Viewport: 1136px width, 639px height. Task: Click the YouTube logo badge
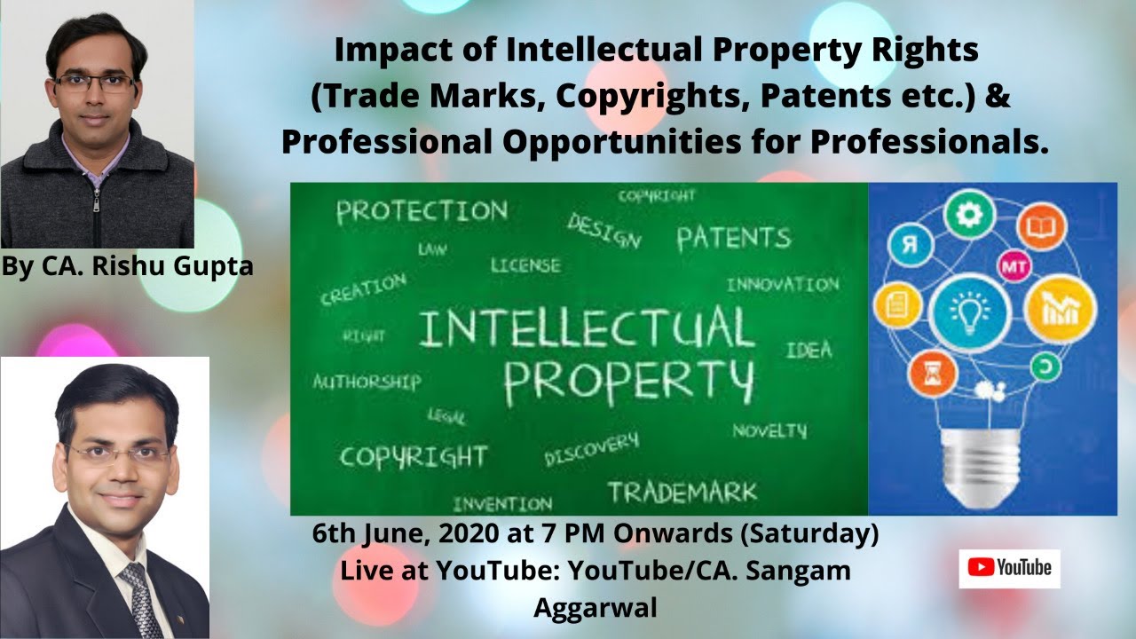(x=1009, y=568)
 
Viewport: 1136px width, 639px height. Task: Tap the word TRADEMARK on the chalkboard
(x=682, y=492)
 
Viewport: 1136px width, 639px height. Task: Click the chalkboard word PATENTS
(x=733, y=237)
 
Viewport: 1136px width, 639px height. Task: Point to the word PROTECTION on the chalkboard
(x=422, y=211)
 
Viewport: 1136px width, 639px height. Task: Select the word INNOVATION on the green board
(x=782, y=285)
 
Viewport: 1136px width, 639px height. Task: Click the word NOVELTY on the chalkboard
(x=769, y=431)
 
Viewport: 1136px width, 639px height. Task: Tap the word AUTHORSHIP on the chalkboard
(x=367, y=382)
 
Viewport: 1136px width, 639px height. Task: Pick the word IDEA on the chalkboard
(x=809, y=350)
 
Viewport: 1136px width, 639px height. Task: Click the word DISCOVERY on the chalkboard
(x=591, y=450)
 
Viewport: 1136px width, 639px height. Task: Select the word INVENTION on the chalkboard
(x=501, y=504)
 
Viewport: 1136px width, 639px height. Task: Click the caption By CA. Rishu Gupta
(x=128, y=266)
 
